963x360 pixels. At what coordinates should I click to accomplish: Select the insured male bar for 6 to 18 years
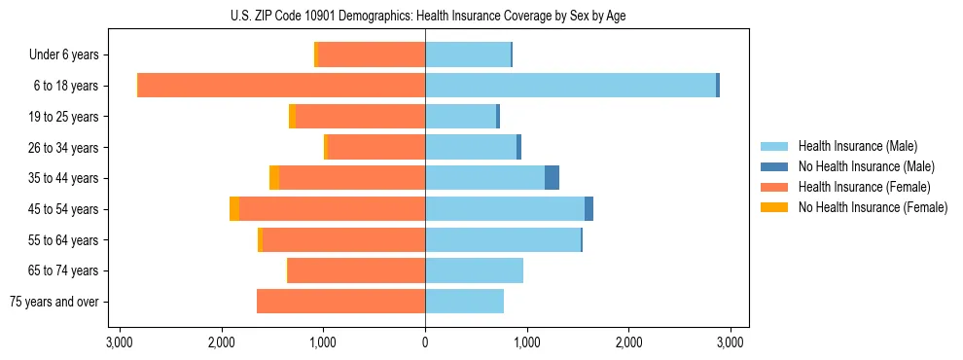(570, 86)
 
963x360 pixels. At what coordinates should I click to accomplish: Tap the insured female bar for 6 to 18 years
(281, 86)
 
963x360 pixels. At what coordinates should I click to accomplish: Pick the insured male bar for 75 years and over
(464, 302)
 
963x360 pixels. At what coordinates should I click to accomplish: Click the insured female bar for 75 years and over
(340, 302)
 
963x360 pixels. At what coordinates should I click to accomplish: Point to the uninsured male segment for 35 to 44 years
(552, 178)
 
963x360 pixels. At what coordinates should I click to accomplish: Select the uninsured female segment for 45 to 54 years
(234, 209)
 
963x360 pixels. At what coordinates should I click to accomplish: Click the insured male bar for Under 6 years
(468, 54)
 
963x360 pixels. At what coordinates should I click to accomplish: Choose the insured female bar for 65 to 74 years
(356, 270)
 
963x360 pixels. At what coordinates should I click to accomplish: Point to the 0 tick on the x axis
(425, 342)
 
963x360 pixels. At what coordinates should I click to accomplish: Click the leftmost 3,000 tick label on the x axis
(120, 342)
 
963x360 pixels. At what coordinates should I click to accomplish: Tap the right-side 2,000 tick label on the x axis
(628, 342)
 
